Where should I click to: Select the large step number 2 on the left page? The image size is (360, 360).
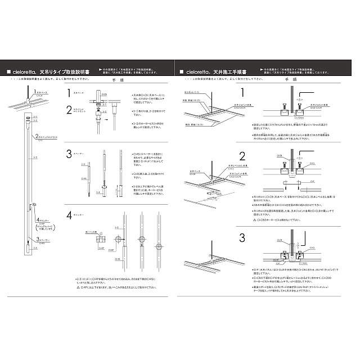tap(69, 110)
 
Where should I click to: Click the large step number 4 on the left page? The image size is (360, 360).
tap(69, 215)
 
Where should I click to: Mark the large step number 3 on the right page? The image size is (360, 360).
tap(242, 237)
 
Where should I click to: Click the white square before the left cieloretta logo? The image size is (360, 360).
tap(8, 73)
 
